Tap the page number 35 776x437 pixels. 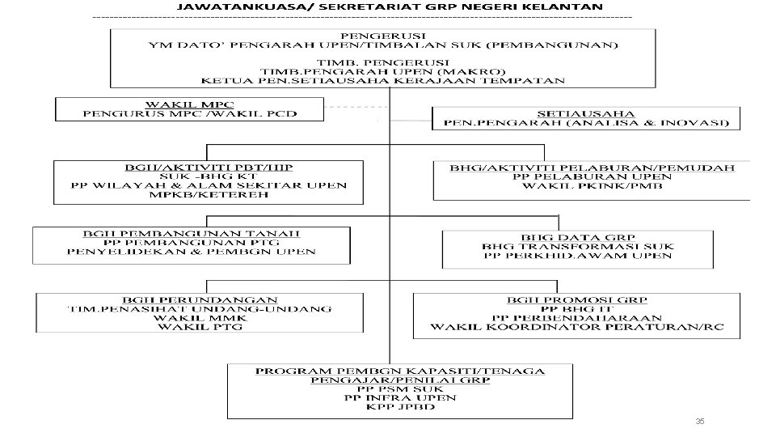click(700, 422)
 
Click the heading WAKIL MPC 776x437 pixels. click(188, 104)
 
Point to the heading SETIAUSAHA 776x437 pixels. click(585, 112)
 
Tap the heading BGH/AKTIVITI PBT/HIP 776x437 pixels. click(209, 167)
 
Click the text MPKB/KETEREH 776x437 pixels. click(209, 195)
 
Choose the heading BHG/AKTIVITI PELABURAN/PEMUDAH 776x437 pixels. click(593, 168)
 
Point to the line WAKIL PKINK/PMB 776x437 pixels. click(593, 186)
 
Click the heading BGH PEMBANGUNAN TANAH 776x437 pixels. click(192, 231)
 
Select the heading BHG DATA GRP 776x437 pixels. click(577, 235)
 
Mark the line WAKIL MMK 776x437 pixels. click(201, 318)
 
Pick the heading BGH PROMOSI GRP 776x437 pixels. click(576, 299)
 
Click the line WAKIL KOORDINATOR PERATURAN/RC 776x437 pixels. click(576, 328)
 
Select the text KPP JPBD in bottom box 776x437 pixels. click(400, 406)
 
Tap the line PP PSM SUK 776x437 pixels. click(400, 388)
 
